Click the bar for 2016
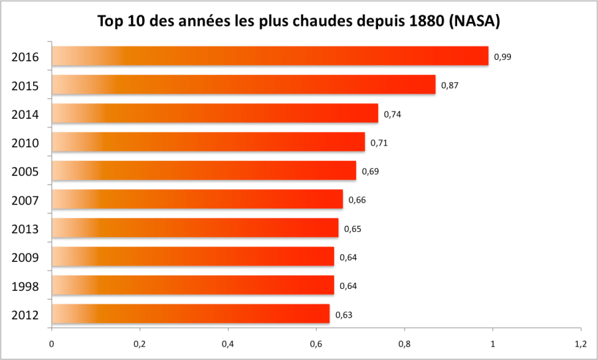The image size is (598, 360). [269, 56]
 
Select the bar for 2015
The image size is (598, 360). [243, 85]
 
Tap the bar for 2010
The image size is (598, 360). [208, 142]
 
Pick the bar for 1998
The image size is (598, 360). [193, 286]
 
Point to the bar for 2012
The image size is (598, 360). [190, 314]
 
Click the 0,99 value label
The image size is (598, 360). [503, 56]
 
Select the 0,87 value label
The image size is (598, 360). [450, 85]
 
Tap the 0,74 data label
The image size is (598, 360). [393, 114]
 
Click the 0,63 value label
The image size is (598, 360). [344, 315]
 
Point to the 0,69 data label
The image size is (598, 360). [370, 171]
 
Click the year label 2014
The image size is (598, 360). [25, 115]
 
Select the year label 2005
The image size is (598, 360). [25, 172]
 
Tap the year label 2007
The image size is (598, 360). [25, 201]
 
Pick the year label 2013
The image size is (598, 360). [25, 229]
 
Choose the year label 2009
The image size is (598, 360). [25, 258]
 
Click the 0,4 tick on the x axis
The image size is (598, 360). [228, 344]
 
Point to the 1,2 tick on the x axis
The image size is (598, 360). [580, 344]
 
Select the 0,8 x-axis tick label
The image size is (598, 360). [404, 344]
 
